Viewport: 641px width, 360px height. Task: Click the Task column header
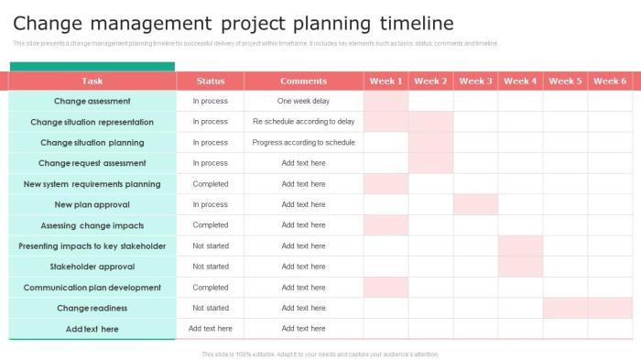(92, 81)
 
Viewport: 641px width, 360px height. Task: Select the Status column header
(211, 81)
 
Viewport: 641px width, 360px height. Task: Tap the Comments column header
(303, 81)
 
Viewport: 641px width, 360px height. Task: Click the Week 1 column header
(386, 81)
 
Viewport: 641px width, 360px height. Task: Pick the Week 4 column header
(520, 81)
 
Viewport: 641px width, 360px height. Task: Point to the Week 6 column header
(610, 81)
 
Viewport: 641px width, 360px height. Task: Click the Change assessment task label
(92, 101)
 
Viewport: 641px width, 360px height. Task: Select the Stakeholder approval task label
(92, 267)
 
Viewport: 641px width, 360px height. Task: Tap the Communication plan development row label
(92, 288)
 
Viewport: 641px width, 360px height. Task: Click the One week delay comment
(303, 101)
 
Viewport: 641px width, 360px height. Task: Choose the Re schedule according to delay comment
(303, 122)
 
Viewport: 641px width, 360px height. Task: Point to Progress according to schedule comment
(303, 142)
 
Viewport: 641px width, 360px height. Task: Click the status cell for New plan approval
(211, 204)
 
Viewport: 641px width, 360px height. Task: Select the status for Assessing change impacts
(211, 225)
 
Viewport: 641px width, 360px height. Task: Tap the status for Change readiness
(211, 308)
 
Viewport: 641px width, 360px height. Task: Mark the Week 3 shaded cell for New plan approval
(475, 204)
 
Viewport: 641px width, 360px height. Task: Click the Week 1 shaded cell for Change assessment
(386, 101)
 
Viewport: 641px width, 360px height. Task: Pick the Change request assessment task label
(92, 163)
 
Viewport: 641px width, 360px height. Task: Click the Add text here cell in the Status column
(211, 329)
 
